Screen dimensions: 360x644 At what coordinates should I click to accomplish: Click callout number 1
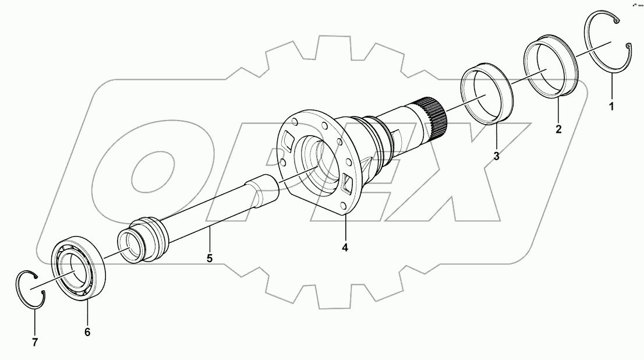click(x=611, y=107)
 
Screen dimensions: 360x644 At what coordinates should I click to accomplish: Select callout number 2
click(x=558, y=129)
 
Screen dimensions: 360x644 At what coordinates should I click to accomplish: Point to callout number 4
click(x=345, y=248)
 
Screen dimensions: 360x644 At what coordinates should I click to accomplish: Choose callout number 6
click(x=87, y=331)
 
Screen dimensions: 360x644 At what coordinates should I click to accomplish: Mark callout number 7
click(x=34, y=343)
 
